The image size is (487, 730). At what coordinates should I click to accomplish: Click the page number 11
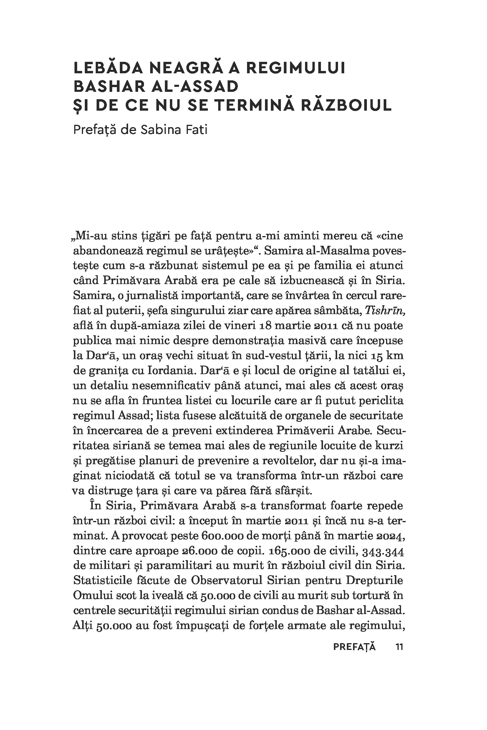pos(399,647)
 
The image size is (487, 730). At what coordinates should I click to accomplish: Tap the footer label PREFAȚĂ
pos(355,647)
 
